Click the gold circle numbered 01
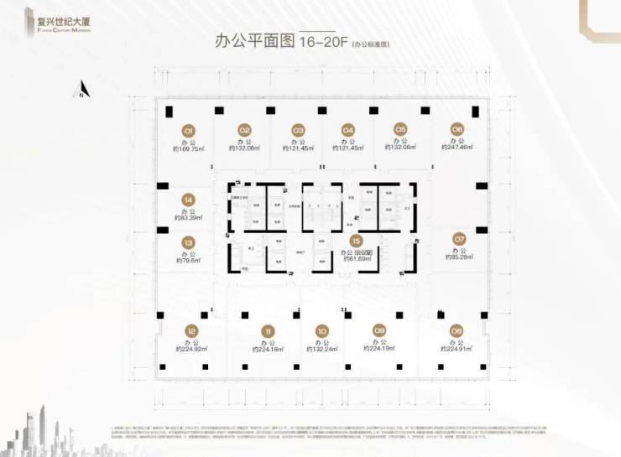pyautogui.click(x=189, y=130)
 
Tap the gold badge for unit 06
pyautogui.click(x=457, y=129)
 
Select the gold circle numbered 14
pyautogui.click(x=188, y=200)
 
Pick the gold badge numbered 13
pyautogui.click(x=188, y=242)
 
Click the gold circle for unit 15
pyautogui.click(x=357, y=240)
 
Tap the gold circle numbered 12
pyautogui.click(x=191, y=330)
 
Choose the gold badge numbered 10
pyautogui.click(x=322, y=330)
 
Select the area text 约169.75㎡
pyautogui.click(x=189, y=148)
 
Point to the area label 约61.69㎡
pyautogui.click(x=356, y=259)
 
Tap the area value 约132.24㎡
pyautogui.click(x=322, y=350)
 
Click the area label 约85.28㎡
pyautogui.click(x=458, y=257)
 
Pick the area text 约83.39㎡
pyautogui.click(x=188, y=218)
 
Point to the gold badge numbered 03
pyautogui.click(x=297, y=130)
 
